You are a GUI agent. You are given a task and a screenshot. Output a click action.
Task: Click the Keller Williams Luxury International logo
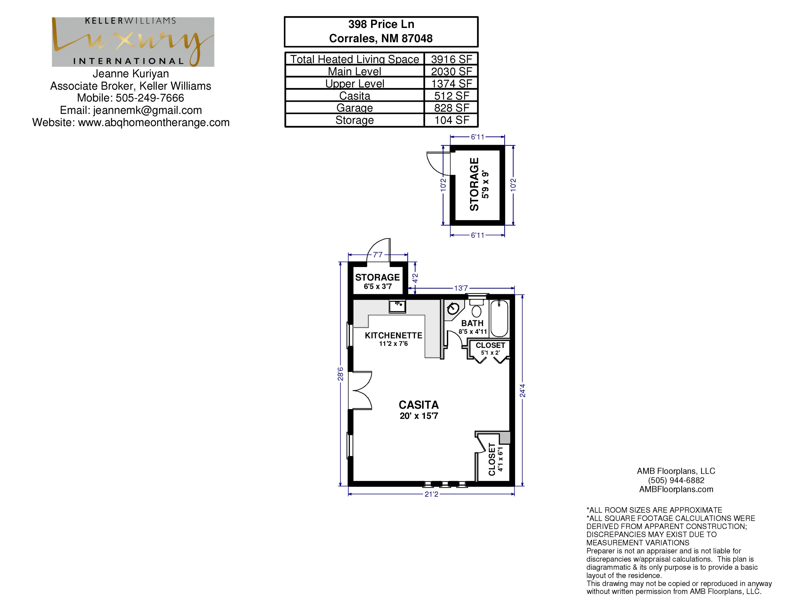(x=133, y=42)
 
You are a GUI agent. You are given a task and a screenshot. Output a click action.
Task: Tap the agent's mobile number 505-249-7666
(x=150, y=98)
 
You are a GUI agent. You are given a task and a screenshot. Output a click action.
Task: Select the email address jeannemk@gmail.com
(x=147, y=110)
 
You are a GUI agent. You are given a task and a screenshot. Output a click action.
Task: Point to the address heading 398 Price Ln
(x=381, y=24)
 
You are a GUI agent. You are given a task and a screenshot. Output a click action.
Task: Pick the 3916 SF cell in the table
(x=451, y=59)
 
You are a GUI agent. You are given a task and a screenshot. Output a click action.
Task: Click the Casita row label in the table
(x=354, y=96)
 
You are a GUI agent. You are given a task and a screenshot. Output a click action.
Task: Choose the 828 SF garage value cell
(x=451, y=108)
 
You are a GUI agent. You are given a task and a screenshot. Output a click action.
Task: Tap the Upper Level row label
(x=354, y=84)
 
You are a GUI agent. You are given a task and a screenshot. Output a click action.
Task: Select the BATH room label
(x=472, y=323)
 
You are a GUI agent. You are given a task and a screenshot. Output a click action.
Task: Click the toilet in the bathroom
(x=476, y=308)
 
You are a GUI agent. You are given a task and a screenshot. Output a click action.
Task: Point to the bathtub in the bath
(x=500, y=318)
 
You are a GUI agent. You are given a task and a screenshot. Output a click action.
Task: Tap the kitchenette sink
(x=397, y=306)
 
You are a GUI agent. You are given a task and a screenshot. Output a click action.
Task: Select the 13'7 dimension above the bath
(x=461, y=288)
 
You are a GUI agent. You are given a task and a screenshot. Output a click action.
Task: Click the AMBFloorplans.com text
(x=676, y=489)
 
